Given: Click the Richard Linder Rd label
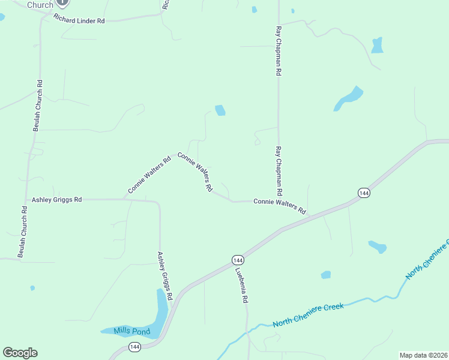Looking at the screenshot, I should pyautogui.click(x=79, y=20).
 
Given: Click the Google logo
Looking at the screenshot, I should pyautogui.click(x=20, y=353).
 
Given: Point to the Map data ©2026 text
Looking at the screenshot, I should pyautogui.click(x=424, y=355).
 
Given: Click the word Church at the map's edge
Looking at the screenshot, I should pyautogui.click(x=40, y=4).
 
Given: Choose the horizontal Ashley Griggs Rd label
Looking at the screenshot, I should pyautogui.click(x=56, y=199).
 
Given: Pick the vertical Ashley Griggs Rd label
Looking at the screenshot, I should pyautogui.click(x=165, y=275).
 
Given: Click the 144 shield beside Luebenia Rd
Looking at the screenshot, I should pyautogui.click(x=238, y=260).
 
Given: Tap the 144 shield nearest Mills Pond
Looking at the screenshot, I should pyautogui.click(x=134, y=347).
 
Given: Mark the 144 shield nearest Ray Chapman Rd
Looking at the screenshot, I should pyautogui.click(x=363, y=193).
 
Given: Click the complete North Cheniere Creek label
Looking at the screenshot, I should pyautogui.click(x=308, y=315).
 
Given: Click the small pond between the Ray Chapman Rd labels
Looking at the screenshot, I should pyautogui.click(x=220, y=110).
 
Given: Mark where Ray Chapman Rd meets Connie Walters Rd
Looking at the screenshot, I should pyautogui.click(x=278, y=200).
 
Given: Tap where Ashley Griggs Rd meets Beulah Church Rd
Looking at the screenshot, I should pyautogui.click(x=26, y=199).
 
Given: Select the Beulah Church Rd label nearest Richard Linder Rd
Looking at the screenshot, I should pyautogui.click(x=38, y=106).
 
